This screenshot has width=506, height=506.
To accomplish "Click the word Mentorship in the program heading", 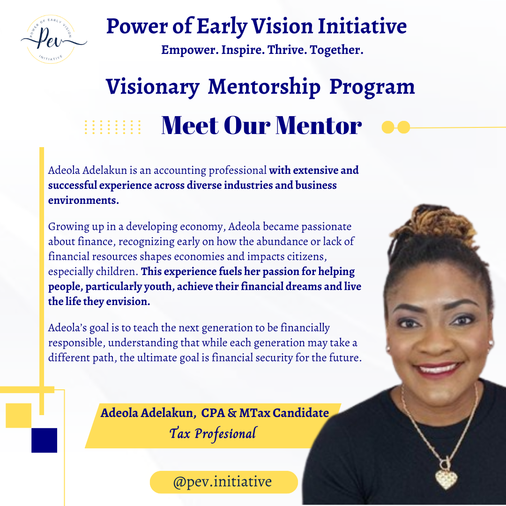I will pos(264,87).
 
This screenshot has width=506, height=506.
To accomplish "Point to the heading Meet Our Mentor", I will pos(261,126).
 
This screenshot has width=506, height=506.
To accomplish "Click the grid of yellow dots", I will pos(113,127).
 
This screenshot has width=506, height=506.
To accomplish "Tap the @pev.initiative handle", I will pos(223,482).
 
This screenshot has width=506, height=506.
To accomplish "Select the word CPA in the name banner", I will pos(213,413).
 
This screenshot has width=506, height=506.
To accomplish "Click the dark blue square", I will pos(44,440).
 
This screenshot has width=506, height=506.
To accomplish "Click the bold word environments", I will pos(83,201).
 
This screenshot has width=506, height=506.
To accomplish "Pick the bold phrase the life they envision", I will pos(99,301).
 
